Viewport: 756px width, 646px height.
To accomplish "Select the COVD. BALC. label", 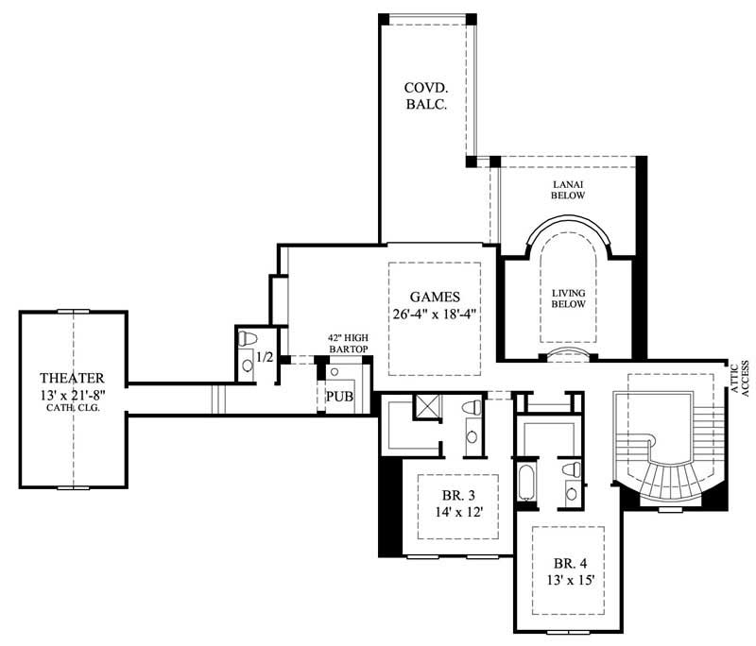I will click(x=425, y=96).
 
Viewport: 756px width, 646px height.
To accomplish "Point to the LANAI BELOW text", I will click(x=568, y=189).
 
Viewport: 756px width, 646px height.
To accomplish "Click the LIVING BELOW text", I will click(x=568, y=297).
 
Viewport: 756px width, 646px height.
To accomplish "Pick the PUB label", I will click(x=339, y=396).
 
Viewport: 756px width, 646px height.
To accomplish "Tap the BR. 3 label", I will click(x=451, y=496).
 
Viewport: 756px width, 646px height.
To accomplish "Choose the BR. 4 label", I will click(x=567, y=557).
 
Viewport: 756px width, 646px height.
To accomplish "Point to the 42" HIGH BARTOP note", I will click(x=346, y=343).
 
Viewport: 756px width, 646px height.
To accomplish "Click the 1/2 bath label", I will click(x=266, y=358).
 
